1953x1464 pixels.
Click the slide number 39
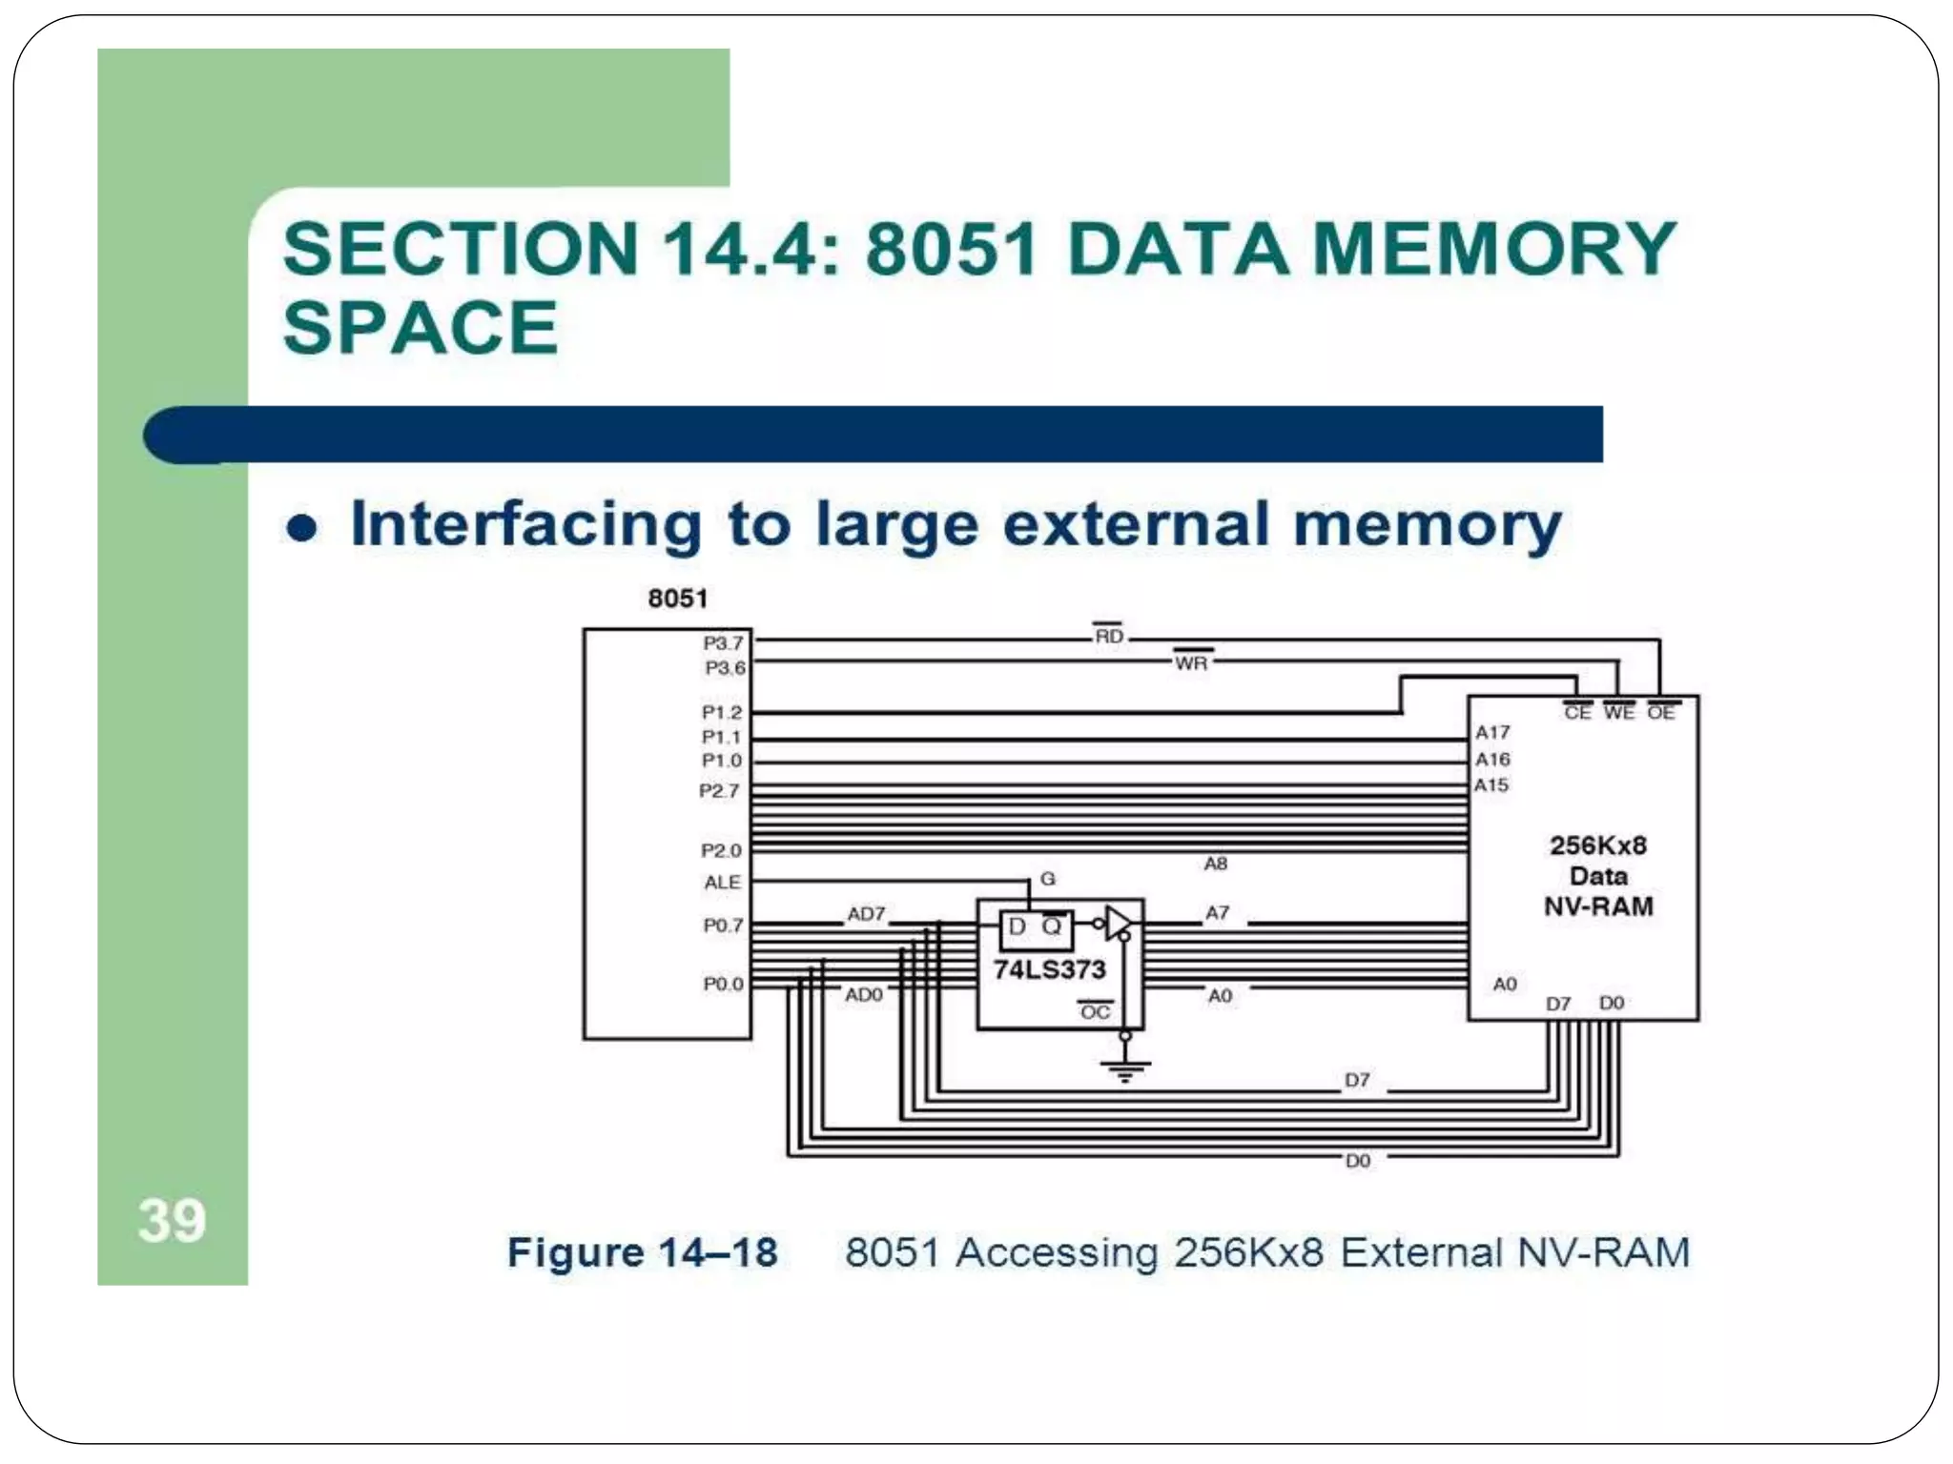point(172,1221)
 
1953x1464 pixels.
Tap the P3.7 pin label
point(723,643)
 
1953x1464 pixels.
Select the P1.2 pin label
point(721,712)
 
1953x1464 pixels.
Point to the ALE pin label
point(722,883)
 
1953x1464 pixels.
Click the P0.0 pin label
point(723,984)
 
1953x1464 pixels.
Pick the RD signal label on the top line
point(1108,636)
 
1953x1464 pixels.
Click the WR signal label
point(1191,662)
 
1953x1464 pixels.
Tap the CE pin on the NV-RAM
point(1577,713)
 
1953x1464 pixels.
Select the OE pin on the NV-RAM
point(1660,713)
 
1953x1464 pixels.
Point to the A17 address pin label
point(1492,732)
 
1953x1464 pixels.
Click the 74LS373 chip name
point(1049,969)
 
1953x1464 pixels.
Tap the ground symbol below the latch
point(1125,1069)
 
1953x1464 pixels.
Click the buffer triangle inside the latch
point(1118,923)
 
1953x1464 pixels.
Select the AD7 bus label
point(866,914)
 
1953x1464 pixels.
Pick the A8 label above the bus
point(1215,864)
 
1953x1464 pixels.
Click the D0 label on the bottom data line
point(1357,1161)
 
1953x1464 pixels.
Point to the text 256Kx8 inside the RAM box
point(1598,845)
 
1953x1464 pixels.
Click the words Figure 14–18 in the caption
point(642,1252)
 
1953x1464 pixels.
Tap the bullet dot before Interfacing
point(301,528)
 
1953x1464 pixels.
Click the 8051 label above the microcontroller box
point(677,599)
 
